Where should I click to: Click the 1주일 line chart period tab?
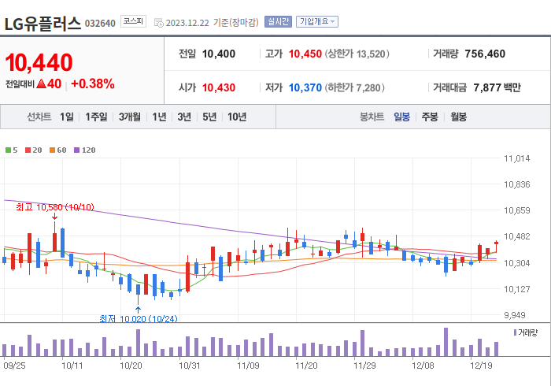tap(96, 117)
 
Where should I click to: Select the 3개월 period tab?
tap(130, 117)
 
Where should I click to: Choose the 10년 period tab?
tap(236, 117)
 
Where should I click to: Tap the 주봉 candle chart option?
tap(430, 117)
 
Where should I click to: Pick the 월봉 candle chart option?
tap(458, 117)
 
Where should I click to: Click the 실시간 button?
tap(278, 21)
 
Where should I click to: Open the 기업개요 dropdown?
tap(318, 21)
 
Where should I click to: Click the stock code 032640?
tap(100, 23)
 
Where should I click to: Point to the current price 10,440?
tap(39, 61)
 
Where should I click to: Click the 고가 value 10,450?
tap(305, 54)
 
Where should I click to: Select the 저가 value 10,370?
tap(305, 87)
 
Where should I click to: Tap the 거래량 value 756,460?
tap(485, 54)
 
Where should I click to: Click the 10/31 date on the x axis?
tap(190, 366)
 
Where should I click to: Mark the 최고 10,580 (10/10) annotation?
tap(55, 207)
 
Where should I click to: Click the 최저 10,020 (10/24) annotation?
tap(138, 318)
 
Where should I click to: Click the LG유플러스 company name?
tap(43, 23)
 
